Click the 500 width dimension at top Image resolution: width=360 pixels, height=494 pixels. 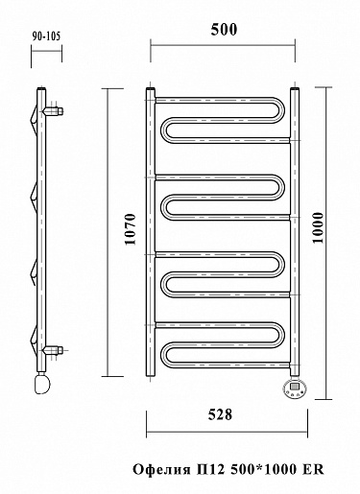tap(224, 30)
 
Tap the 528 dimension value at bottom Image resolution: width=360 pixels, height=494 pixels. tap(220, 414)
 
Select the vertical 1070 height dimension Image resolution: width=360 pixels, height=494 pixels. tap(131, 229)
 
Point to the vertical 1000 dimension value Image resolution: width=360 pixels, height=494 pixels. tap(318, 227)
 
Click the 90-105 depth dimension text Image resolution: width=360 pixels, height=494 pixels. tap(46, 36)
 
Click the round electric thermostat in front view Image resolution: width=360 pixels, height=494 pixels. tap(295, 388)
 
